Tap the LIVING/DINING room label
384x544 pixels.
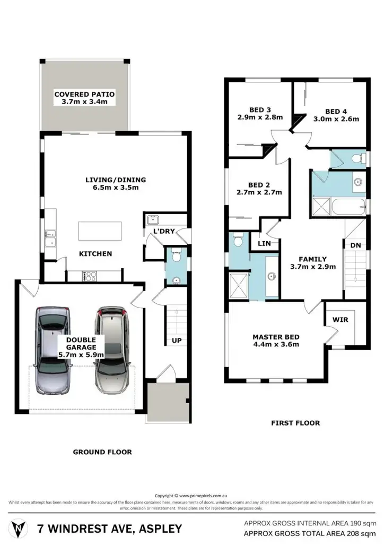[x=116, y=180]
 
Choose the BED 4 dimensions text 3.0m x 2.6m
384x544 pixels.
[x=336, y=119]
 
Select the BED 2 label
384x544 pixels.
[x=259, y=185]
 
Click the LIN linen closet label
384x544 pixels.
[x=264, y=243]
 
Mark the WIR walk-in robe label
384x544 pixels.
[x=340, y=320]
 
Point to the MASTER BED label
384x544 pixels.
[x=276, y=337]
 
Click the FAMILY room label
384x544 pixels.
[x=313, y=259]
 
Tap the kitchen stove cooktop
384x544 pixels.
[x=89, y=276]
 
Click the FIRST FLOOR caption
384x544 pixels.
[x=295, y=423]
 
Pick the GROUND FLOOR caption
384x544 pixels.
[x=102, y=452]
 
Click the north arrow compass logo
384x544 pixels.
[x=20, y=529]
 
